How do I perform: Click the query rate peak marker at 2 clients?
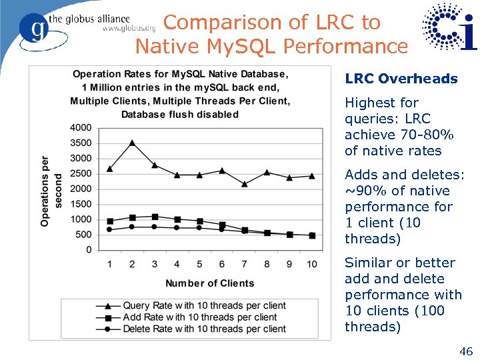pyautogui.click(x=132, y=143)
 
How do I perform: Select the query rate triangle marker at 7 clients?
pyautogui.click(x=245, y=183)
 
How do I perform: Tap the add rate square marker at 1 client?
pyautogui.click(x=109, y=221)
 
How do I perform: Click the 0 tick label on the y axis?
pyautogui.click(x=89, y=250)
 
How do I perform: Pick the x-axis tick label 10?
pyautogui.click(x=311, y=265)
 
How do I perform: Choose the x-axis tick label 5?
pyautogui.click(x=199, y=265)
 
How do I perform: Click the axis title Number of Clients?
pyautogui.click(x=210, y=283)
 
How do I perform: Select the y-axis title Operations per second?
pyautogui.click(x=51, y=191)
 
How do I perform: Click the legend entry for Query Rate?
pyautogui.click(x=204, y=306)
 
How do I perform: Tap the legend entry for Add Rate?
pyautogui.click(x=199, y=317)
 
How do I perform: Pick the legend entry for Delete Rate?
pyautogui.click(x=204, y=329)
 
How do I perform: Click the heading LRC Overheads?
pyautogui.click(x=401, y=79)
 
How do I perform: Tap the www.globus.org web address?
pyautogui.click(x=129, y=29)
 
